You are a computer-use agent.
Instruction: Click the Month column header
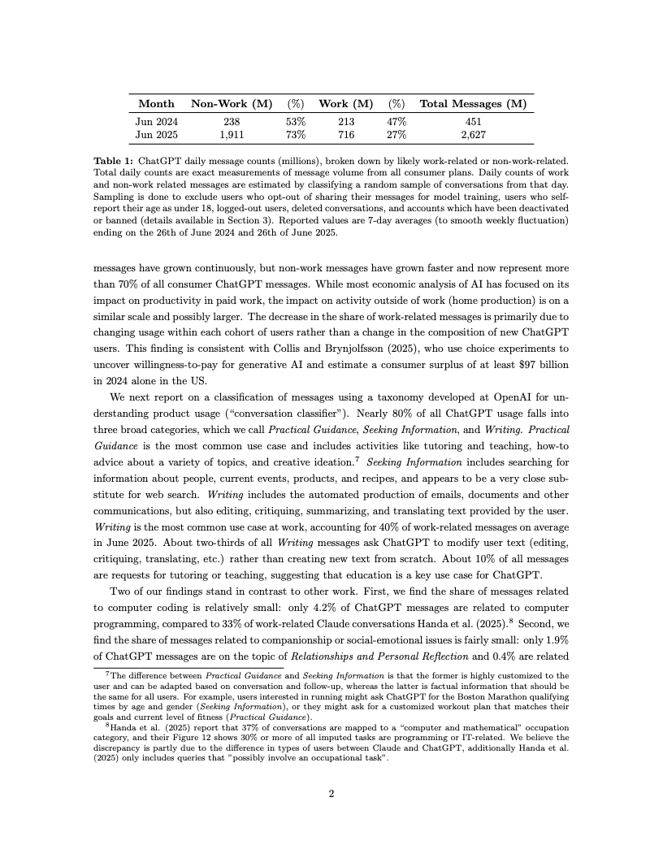point(156,104)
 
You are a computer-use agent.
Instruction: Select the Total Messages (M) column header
point(473,104)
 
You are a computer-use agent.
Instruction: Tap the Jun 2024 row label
point(156,121)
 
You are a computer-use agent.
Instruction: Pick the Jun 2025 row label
point(156,134)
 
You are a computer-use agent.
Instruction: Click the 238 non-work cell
point(231,121)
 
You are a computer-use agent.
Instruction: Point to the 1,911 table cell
point(231,134)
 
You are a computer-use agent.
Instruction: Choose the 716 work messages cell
point(345,134)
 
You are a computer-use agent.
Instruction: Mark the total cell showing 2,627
point(473,134)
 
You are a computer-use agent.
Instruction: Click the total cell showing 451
point(473,121)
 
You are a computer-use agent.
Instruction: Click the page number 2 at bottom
point(331,795)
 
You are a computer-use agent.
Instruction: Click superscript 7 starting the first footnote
point(108,674)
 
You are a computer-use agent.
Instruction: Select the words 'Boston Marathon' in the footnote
point(460,697)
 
